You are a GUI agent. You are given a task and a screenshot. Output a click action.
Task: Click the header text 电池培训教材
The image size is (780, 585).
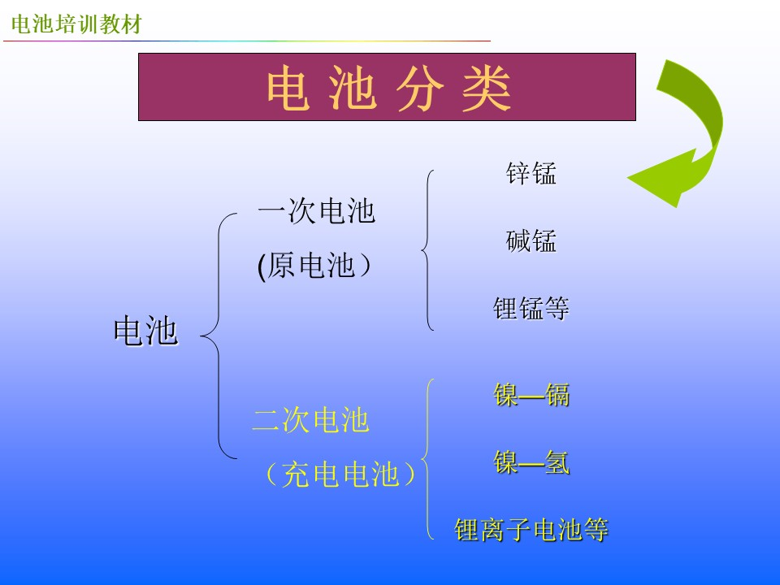(76, 24)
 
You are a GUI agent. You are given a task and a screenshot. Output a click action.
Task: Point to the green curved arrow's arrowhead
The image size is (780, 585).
(661, 177)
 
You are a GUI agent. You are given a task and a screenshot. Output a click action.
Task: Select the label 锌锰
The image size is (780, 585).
(531, 174)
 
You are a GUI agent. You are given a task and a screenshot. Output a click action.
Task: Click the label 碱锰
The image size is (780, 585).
(531, 241)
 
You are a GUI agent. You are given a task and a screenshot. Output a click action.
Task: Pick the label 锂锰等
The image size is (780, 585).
(531, 309)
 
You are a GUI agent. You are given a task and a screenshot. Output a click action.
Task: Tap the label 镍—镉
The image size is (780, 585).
(531, 396)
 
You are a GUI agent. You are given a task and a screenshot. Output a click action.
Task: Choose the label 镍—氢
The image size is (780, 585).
(531, 462)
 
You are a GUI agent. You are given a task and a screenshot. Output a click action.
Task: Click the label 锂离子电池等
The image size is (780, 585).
(531, 529)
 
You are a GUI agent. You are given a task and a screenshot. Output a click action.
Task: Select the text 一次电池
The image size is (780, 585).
(316, 211)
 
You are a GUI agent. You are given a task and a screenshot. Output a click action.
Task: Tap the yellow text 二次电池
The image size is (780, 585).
(311, 420)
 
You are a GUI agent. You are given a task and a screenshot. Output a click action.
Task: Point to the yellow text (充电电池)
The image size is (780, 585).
(340, 474)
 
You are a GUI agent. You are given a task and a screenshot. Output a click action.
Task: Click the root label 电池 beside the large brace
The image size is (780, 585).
(145, 331)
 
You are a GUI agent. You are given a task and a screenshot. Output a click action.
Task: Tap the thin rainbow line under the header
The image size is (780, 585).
(247, 41)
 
